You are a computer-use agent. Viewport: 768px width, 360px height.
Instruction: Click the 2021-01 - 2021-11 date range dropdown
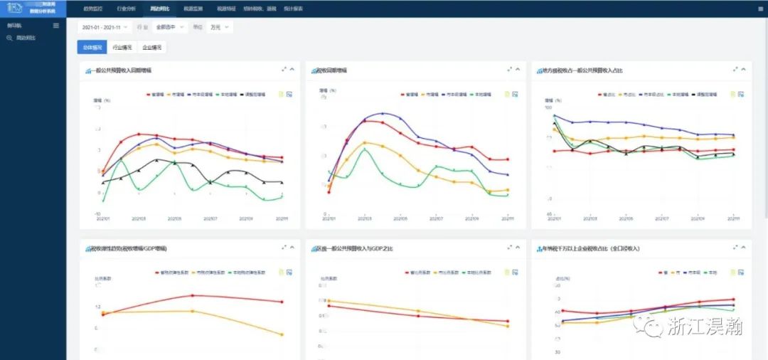[104, 27]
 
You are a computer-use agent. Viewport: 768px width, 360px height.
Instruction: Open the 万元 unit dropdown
[220, 27]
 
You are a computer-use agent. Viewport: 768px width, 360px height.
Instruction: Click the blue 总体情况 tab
[92, 48]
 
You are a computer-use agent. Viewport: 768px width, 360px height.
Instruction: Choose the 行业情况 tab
[122, 48]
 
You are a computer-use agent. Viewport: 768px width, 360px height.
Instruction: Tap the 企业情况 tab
[152, 48]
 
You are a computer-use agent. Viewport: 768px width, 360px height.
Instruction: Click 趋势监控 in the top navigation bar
[92, 9]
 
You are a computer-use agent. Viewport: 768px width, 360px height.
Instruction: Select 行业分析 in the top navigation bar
[126, 9]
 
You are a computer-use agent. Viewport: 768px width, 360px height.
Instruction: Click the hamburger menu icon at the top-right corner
[759, 9]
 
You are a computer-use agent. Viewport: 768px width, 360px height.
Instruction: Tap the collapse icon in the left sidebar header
[56, 26]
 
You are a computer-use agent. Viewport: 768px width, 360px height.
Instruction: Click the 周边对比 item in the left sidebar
[26, 38]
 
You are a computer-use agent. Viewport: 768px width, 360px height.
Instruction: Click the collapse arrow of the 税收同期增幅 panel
[517, 70]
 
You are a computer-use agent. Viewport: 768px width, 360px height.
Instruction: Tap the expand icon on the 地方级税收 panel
[735, 70]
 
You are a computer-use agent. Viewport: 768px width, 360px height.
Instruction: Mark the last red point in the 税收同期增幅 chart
[507, 159]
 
